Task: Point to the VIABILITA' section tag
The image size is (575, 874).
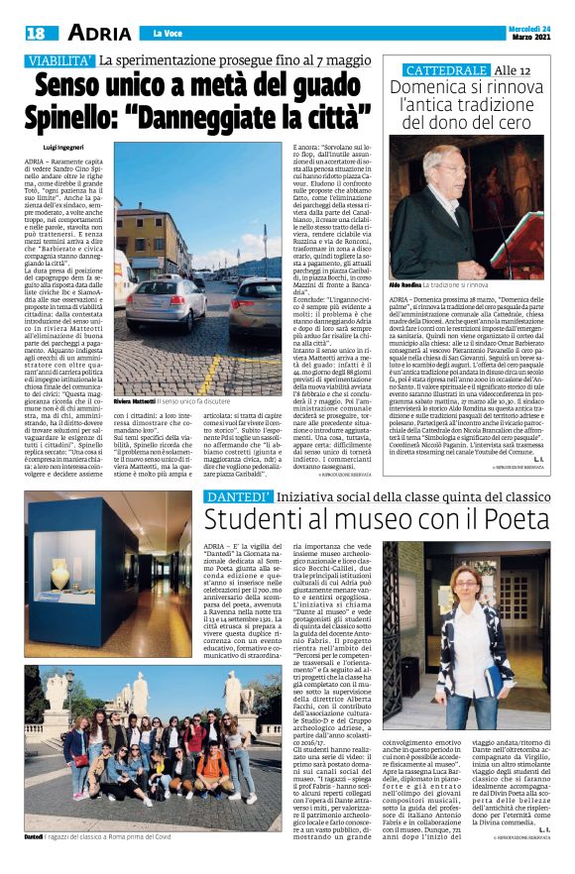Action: pos(58,61)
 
